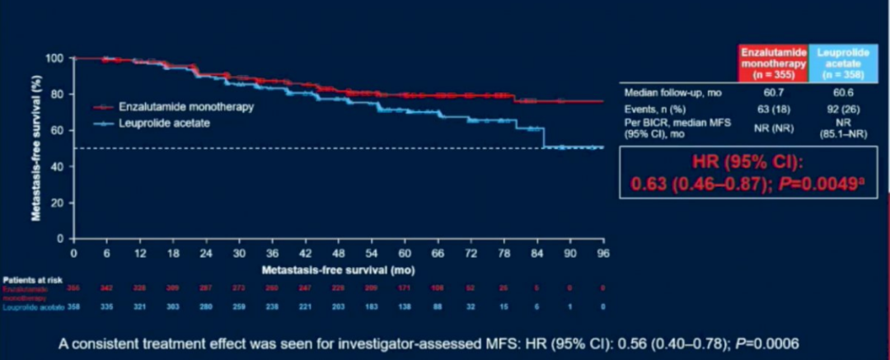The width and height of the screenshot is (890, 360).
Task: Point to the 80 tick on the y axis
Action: pos(56,94)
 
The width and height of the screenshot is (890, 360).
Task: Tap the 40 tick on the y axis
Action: pos(56,166)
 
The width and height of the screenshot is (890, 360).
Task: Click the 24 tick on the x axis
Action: pos(205,253)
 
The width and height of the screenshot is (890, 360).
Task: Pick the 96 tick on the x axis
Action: pos(603,253)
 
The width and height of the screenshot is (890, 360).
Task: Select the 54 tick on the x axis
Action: pos(372,253)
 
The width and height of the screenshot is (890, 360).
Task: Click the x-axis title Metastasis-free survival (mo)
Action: pos(339,269)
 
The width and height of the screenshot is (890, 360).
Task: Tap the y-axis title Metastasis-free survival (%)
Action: pos(37,148)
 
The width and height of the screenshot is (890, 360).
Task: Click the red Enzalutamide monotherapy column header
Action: pos(773,63)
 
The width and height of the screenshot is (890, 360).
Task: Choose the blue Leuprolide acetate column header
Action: pos(843,63)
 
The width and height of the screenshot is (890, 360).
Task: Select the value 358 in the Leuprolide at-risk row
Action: pos(73,306)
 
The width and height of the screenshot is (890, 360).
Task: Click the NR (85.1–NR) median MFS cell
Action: pos(843,128)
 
